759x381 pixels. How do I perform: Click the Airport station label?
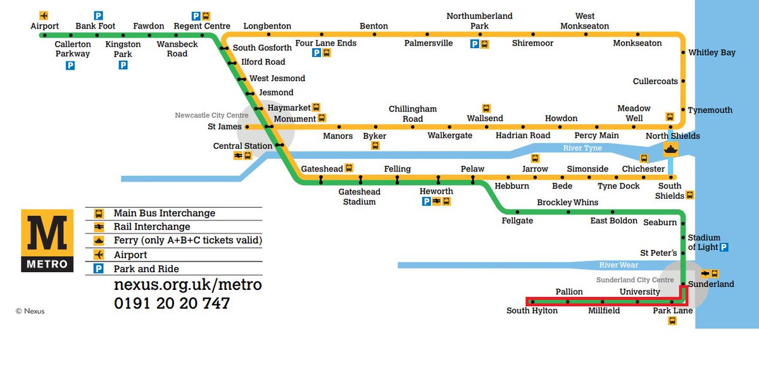pyautogui.click(x=44, y=26)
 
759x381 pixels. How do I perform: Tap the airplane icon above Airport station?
pyautogui.click(x=44, y=15)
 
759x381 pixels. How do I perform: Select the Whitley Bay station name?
pyautogui.click(x=712, y=53)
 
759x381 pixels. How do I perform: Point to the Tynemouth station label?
pyautogui.click(x=710, y=110)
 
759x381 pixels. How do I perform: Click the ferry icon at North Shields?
pyautogui.click(x=670, y=149)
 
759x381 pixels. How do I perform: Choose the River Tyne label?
pyautogui.click(x=582, y=148)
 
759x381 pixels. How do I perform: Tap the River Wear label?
pyautogui.click(x=618, y=265)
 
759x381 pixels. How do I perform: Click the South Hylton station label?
pyautogui.click(x=532, y=311)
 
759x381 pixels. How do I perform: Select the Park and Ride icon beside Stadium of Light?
pyautogui.click(x=724, y=247)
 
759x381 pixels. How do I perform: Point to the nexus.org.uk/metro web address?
pyautogui.click(x=187, y=285)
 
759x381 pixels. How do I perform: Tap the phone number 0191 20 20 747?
pyautogui.click(x=172, y=303)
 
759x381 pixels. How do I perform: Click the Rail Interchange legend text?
pyautogui.click(x=151, y=227)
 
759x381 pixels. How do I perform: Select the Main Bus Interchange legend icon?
pyautogui.click(x=98, y=213)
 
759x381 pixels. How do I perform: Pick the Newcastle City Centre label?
pyautogui.click(x=211, y=115)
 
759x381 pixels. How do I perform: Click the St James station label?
pyautogui.click(x=225, y=127)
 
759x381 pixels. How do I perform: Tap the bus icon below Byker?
pyautogui.click(x=375, y=146)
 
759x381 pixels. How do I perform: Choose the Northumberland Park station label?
pyautogui.click(x=479, y=21)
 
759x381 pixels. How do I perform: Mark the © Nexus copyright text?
pyautogui.click(x=30, y=311)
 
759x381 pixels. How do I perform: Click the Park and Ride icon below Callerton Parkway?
pyautogui.click(x=70, y=65)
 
